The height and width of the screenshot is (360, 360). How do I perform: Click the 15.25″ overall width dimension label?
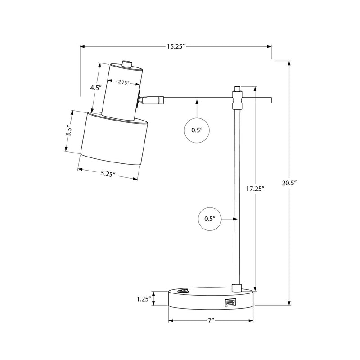[x=176, y=47]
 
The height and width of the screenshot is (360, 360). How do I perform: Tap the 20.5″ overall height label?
[x=289, y=183]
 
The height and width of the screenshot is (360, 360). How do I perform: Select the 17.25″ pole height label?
[x=256, y=189]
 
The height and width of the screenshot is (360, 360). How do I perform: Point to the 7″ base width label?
[x=211, y=320]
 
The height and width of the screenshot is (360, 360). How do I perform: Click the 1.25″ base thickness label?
[x=144, y=299]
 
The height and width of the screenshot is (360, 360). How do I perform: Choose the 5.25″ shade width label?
[x=108, y=174]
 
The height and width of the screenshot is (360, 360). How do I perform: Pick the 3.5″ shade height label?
[x=69, y=131]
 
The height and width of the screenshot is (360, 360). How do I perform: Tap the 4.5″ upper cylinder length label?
[x=96, y=88]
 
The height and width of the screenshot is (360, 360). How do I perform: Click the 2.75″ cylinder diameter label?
[x=124, y=82]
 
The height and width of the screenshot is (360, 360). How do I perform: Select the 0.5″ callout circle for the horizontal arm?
[x=197, y=130]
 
